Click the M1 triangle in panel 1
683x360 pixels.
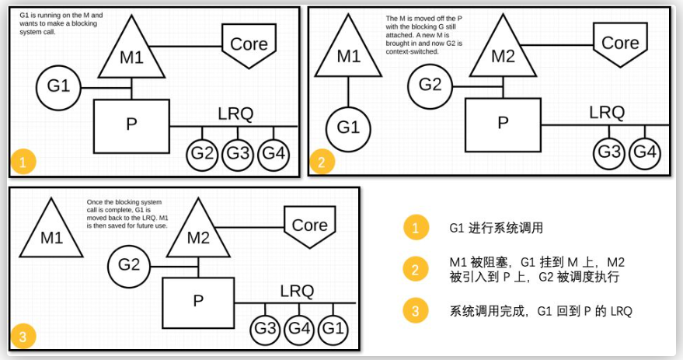[132, 54]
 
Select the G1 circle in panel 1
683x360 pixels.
[58, 86]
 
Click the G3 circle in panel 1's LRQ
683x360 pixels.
[239, 154]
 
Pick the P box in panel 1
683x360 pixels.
[131, 125]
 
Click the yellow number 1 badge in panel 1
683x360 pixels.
[23, 163]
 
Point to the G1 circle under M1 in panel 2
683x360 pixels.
[348, 127]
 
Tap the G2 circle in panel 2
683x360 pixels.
[430, 85]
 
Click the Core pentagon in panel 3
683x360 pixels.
[309, 226]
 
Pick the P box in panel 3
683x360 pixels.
[199, 301]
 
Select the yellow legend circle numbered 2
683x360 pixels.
[415, 270]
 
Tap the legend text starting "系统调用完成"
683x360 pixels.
[541, 311]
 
